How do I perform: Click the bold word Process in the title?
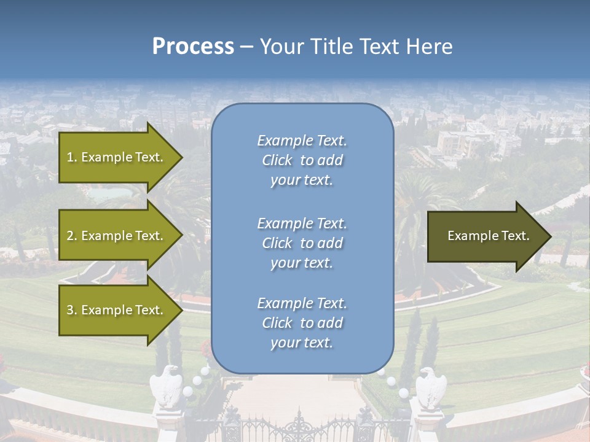[193, 47]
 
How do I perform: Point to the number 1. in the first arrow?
[72, 157]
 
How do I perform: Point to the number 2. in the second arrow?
[72, 236]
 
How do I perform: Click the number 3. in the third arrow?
[72, 310]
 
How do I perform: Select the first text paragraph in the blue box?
[302, 160]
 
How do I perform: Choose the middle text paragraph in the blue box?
[302, 243]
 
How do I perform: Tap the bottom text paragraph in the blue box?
[302, 323]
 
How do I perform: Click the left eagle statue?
[167, 387]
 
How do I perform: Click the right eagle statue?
[431, 387]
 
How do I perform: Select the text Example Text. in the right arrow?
[489, 236]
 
